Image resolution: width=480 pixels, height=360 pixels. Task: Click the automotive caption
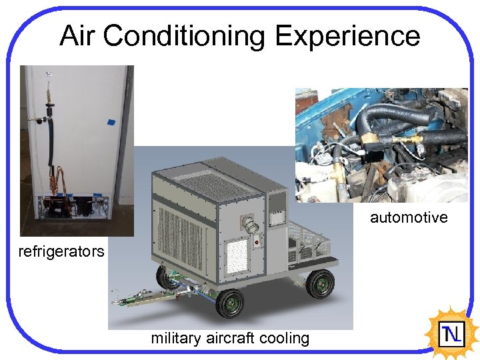409,217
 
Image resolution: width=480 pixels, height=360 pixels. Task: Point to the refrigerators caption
61,251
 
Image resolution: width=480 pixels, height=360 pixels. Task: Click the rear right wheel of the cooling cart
321,284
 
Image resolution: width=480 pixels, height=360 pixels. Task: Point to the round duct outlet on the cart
251,226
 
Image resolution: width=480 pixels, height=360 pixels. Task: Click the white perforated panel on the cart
237,253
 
